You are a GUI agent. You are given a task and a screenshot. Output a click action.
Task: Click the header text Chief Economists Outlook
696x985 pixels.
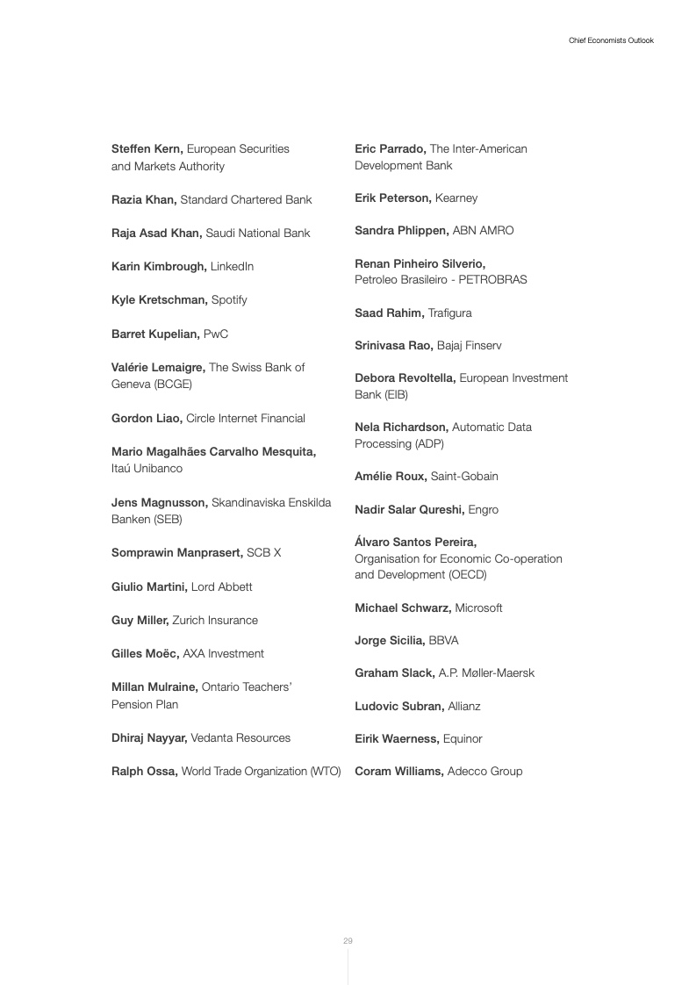pos(611,40)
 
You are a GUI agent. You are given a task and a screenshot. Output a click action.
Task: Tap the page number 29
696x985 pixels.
pos(348,941)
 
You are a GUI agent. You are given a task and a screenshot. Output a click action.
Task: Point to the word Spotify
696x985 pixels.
pos(229,299)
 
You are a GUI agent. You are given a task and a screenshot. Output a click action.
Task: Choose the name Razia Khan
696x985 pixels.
pos(144,199)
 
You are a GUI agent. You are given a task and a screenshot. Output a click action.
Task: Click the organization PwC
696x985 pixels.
pos(216,334)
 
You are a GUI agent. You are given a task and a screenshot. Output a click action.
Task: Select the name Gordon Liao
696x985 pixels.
pos(147,418)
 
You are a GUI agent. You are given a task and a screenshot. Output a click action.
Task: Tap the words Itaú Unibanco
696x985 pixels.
pos(147,469)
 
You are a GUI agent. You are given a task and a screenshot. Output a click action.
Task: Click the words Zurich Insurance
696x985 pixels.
pos(215,620)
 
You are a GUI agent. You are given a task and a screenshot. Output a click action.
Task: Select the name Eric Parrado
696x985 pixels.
pos(391,149)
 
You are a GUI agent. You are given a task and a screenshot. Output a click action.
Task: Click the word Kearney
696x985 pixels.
pos(456,198)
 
